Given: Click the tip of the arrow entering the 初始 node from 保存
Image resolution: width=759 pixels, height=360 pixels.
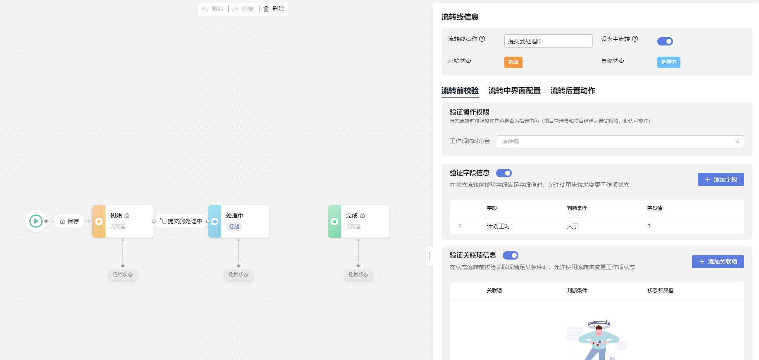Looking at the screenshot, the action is [x=91, y=221].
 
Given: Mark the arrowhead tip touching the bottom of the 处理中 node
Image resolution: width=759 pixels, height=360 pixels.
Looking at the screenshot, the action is [x=239, y=238].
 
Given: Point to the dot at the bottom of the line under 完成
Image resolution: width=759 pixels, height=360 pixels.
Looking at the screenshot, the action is [x=358, y=266].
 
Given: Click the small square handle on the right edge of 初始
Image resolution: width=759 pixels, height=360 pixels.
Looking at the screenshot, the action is [x=154, y=221].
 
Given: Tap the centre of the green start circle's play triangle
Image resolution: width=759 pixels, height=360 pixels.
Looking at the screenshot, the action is [x=36, y=221].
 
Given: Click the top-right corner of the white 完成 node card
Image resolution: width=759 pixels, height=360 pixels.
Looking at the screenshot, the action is [x=389, y=205].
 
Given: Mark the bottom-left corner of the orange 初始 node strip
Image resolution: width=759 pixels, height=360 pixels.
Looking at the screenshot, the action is [x=93, y=237].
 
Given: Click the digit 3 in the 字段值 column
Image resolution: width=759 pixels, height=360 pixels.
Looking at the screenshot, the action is [x=649, y=226].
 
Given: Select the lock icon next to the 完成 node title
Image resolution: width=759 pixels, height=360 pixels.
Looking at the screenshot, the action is [x=363, y=215].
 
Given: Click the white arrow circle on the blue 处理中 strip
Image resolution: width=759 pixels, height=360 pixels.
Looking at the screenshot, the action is [x=215, y=221].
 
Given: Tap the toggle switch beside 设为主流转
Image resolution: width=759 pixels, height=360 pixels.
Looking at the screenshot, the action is [x=665, y=41].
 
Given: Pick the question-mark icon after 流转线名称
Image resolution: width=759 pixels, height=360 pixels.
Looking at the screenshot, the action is [x=482, y=39].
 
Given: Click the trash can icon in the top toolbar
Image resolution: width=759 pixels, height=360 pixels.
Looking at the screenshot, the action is [x=266, y=9].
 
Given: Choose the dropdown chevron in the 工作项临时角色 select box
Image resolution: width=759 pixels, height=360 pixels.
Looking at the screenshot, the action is [x=738, y=142].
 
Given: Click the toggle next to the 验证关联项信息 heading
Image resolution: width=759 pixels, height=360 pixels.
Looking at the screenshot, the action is [x=511, y=255].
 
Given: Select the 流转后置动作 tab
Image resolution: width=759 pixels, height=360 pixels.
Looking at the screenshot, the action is [x=573, y=91].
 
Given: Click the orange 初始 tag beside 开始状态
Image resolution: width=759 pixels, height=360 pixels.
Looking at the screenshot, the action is [x=513, y=62].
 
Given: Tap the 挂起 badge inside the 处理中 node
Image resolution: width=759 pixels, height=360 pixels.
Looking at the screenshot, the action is [x=234, y=226].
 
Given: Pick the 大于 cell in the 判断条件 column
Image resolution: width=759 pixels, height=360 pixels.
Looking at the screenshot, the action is [x=573, y=226].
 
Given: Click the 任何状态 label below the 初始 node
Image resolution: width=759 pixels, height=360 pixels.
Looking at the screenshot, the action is [x=123, y=274].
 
